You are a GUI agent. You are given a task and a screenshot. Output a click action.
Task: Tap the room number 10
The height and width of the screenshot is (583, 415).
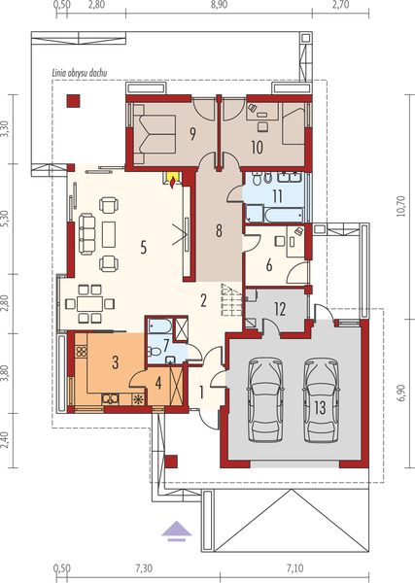coord(258,148)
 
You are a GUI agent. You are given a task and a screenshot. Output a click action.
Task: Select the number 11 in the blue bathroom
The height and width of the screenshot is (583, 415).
coord(277,195)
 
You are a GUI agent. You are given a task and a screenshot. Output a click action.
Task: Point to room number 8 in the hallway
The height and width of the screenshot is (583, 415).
coord(220,231)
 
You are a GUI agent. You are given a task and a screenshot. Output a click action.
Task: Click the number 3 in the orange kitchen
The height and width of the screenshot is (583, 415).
coord(115,362)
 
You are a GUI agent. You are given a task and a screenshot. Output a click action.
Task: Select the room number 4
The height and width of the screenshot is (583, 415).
coord(158,382)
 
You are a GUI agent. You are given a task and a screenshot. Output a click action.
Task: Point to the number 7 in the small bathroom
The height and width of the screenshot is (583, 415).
coord(167,344)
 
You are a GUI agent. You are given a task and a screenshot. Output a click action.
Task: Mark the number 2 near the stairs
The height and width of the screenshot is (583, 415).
coord(204,300)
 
